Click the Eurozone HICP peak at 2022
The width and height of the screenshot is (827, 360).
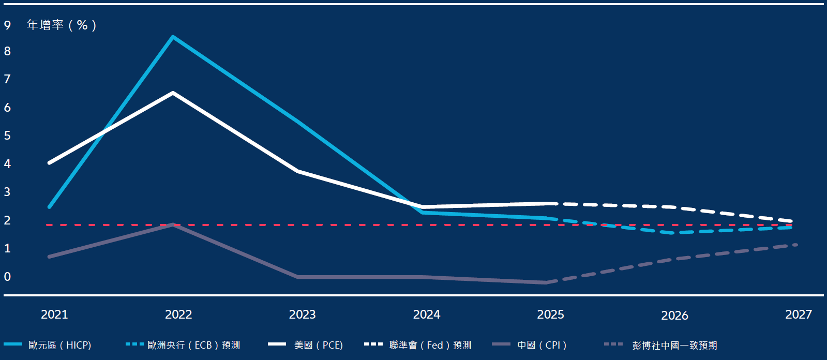[x=173, y=37]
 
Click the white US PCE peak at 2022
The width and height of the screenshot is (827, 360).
[x=173, y=93]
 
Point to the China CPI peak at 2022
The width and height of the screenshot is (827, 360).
[x=173, y=224]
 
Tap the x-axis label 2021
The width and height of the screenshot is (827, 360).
[x=54, y=314]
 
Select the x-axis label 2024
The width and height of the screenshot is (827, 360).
[x=427, y=314]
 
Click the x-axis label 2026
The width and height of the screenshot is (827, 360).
[x=674, y=316]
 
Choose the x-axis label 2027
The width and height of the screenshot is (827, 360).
[x=799, y=314]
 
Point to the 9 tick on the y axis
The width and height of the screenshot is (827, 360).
[x=7, y=25]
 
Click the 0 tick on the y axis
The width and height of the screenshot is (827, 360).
[x=7, y=277]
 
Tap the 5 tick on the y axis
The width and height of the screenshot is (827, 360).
[x=7, y=136]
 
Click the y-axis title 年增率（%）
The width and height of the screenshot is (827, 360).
[x=62, y=25]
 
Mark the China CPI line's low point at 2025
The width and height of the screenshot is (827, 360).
[x=546, y=282]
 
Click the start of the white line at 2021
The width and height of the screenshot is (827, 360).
[x=49, y=163]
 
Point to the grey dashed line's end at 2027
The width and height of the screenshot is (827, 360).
[x=795, y=245]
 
